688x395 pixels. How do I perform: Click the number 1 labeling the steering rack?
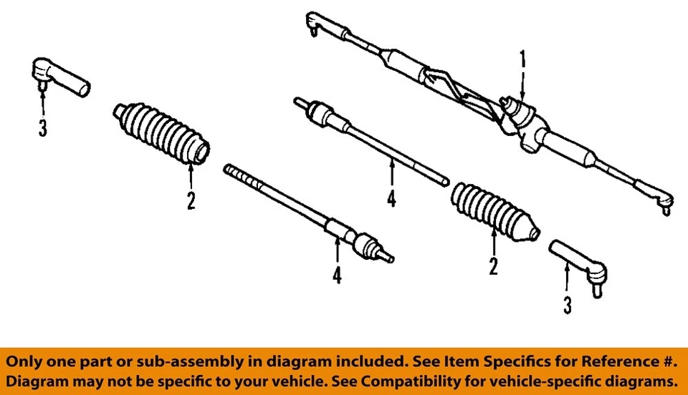522,59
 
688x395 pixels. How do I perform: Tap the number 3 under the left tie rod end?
43,130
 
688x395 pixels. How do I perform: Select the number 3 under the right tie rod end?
568,306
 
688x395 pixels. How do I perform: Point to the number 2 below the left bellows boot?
191,200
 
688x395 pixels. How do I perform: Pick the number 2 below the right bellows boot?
493,266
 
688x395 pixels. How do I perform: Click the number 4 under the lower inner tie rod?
337,275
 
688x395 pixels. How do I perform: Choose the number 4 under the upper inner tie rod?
391,198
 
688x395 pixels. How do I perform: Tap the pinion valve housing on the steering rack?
520,114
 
